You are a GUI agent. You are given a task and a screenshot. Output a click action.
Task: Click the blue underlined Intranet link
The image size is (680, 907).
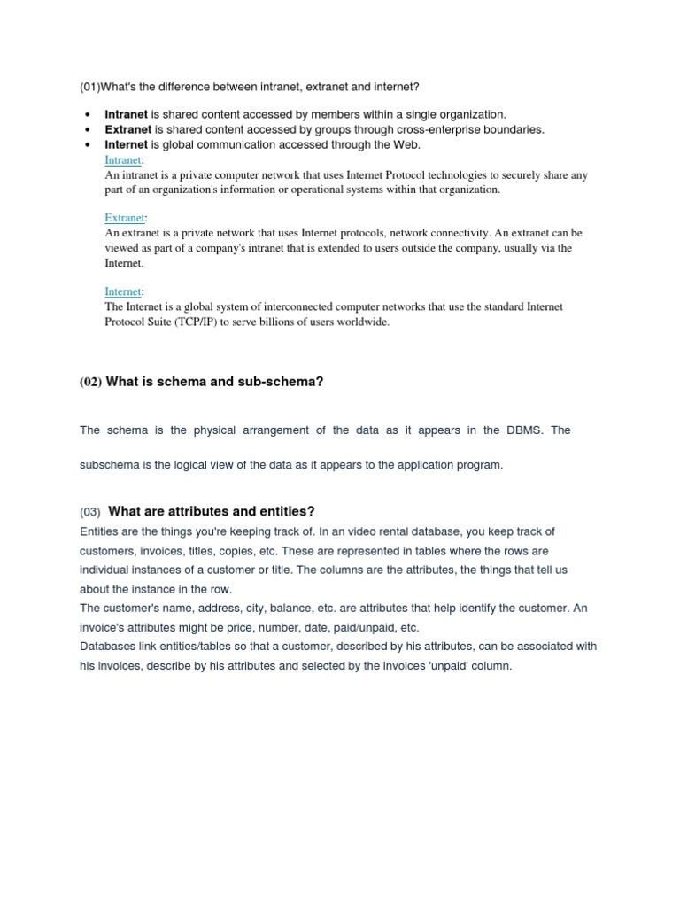(x=122, y=160)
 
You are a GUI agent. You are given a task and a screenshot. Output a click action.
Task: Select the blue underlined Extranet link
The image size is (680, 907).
(x=124, y=218)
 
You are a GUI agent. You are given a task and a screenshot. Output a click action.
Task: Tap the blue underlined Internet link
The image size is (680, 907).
(x=122, y=291)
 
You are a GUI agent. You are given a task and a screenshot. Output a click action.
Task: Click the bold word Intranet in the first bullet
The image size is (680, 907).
(x=127, y=114)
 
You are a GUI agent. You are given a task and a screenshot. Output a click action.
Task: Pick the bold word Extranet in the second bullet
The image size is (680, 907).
(x=128, y=129)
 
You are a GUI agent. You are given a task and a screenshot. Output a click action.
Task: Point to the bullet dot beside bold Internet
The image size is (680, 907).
(x=88, y=145)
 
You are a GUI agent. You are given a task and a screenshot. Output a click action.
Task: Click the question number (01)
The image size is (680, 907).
(x=89, y=86)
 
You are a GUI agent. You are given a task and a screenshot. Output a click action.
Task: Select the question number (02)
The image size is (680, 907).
(x=90, y=382)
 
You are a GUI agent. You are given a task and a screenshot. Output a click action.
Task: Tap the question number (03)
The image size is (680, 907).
(x=90, y=512)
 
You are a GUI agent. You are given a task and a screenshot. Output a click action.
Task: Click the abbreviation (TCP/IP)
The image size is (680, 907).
(x=185, y=322)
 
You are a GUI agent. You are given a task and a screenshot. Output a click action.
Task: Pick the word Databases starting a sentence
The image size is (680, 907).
(x=107, y=647)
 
